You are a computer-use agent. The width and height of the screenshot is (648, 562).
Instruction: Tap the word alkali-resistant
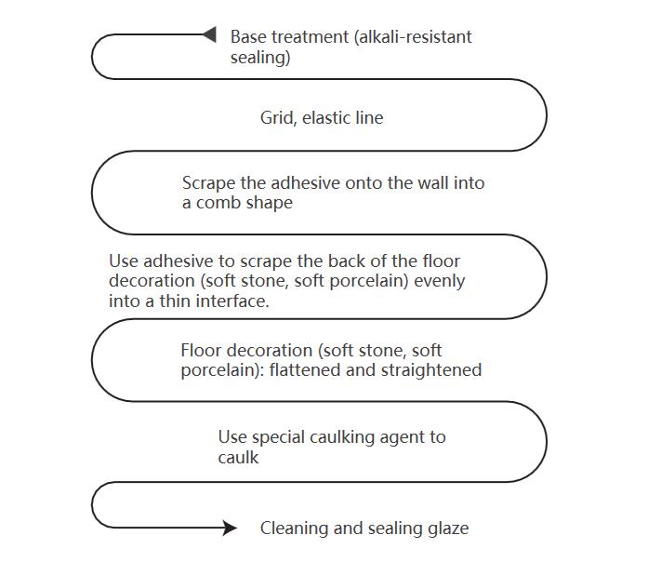click(416, 37)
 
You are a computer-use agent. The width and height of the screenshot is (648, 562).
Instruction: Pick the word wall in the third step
click(433, 182)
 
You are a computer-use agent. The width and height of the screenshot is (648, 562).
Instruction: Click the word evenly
click(440, 281)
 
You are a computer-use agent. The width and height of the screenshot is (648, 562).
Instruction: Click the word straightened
click(431, 370)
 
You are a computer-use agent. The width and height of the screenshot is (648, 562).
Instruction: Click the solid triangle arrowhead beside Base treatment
click(209, 34)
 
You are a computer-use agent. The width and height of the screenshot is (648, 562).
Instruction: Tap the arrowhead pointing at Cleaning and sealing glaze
click(231, 528)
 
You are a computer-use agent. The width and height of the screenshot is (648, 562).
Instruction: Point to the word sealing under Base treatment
click(260, 58)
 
